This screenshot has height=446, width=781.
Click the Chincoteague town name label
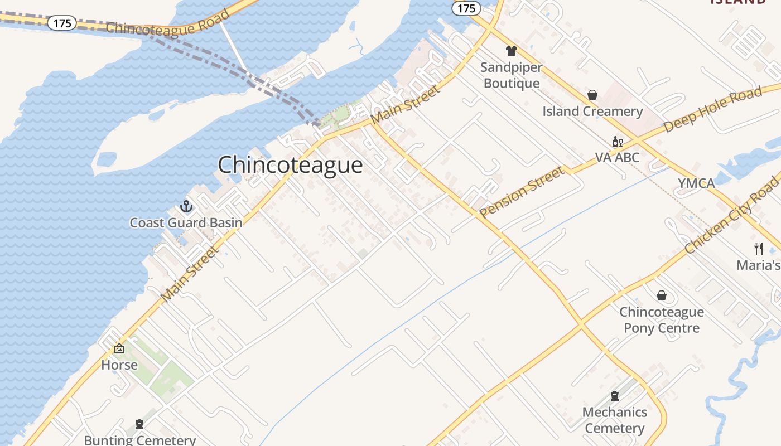290,165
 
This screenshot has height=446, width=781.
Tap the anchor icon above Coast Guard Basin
186,207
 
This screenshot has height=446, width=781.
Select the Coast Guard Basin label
186,223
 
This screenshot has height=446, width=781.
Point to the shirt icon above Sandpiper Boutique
512,51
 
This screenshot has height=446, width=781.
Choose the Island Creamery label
592,111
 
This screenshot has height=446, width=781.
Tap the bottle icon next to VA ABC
618,142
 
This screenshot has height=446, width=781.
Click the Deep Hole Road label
712,110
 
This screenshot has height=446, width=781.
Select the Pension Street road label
522,192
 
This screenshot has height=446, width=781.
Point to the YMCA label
696,183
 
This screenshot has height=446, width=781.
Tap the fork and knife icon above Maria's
759,249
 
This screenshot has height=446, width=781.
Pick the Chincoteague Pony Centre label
662,320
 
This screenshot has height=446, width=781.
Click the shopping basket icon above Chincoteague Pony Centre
662,295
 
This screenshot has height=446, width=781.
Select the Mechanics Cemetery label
615,420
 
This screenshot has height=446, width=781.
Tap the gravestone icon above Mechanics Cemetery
615,396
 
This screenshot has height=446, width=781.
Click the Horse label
119,365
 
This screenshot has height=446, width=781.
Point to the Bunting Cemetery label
139,440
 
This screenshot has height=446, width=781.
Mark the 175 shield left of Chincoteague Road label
61,23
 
